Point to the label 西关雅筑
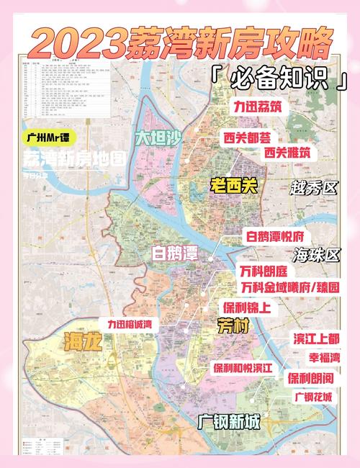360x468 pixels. (288, 152)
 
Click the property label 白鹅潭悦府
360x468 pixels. (276, 237)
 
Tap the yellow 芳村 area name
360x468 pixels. (233, 326)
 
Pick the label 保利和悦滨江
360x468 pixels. (243, 367)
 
